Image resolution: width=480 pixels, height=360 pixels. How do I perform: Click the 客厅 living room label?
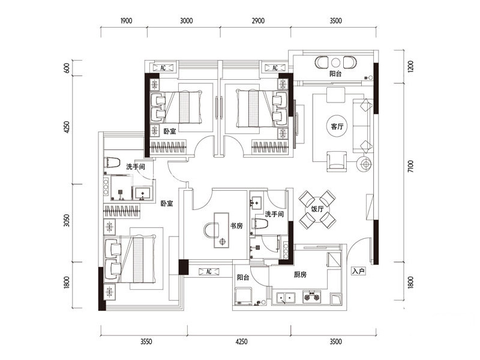tap(337, 126)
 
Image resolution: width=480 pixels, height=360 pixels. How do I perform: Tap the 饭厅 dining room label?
tap(317, 209)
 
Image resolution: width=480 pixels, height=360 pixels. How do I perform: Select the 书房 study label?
tap(236, 226)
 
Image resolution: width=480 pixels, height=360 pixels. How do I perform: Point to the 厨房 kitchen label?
tap(300, 275)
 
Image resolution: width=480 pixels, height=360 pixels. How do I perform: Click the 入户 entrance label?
tap(358, 271)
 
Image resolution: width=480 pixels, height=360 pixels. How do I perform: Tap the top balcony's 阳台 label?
tap(335, 74)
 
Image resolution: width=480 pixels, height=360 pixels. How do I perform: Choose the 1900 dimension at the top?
tap(126, 21)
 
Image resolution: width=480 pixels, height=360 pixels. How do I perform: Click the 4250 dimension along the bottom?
tap(242, 341)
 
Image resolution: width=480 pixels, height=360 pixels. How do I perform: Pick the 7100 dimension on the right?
tap(410, 166)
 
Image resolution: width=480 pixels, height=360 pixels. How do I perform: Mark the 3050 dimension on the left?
tap(67, 220)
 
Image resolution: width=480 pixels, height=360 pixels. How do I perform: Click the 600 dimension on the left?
tap(67, 68)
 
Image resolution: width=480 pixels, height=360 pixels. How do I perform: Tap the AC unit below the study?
tap(209, 271)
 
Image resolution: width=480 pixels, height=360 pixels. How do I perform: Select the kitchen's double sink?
tap(286, 298)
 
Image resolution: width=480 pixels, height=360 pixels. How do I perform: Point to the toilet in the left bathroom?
tap(112, 162)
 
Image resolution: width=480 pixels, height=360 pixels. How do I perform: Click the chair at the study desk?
tap(211, 230)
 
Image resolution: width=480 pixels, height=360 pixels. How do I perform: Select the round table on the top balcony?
tap(336, 62)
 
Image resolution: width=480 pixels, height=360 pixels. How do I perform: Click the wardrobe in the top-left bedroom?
tap(168, 147)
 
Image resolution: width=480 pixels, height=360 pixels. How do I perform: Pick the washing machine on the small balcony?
tap(244, 295)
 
